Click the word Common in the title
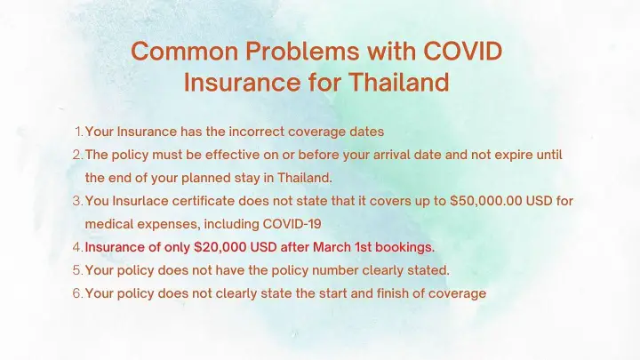[x=185, y=52]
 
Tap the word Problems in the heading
[x=302, y=52]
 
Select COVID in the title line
[x=462, y=52]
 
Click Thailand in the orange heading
[x=399, y=82]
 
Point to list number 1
[x=79, y=132]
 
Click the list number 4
[x=77, y=247]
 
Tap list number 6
[x=77, y=293]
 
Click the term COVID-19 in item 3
[x=292, y=224]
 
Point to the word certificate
[x=204, y=201]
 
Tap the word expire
[x=512, y=156]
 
